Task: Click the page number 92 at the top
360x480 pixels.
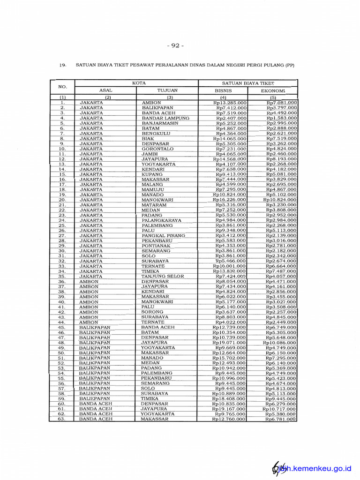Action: coord(175,45)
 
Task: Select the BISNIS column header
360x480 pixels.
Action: coord(223,90)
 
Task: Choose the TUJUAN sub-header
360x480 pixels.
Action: coord(167,90)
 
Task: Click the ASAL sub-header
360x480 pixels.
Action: coord(106,90)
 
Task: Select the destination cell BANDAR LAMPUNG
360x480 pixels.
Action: coord(165,118)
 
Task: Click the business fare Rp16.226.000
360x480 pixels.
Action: coord(230,200)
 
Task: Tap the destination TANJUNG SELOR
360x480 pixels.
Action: coord(163,277)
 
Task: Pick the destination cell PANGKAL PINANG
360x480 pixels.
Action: coord(163,236)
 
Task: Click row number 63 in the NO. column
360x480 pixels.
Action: coord(61,419)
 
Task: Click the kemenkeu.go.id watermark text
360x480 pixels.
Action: coord(319,468)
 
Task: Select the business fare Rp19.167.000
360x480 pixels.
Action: coord(229,409)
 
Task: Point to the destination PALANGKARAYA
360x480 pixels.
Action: coord(162,220)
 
